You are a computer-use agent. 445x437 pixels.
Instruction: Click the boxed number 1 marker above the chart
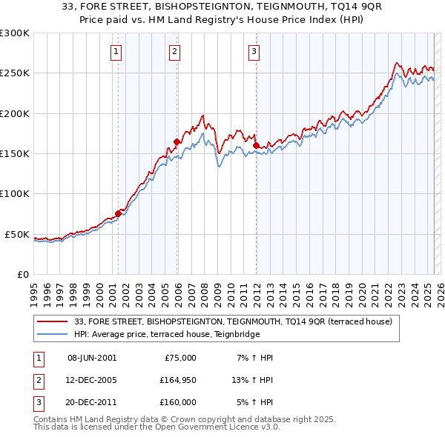(x=117, y=52)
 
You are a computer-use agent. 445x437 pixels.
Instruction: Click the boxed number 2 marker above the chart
(x=174, y=52)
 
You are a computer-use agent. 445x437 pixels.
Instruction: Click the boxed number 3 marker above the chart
(x=254, y=52)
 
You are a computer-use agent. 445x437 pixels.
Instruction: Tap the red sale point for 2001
(x=118, y=213)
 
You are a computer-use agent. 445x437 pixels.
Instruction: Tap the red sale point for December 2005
(x=177, y=141)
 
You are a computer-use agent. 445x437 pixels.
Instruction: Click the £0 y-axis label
(x=22, y=274)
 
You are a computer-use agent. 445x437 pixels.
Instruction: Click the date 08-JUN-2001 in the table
(x=92, y=358)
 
